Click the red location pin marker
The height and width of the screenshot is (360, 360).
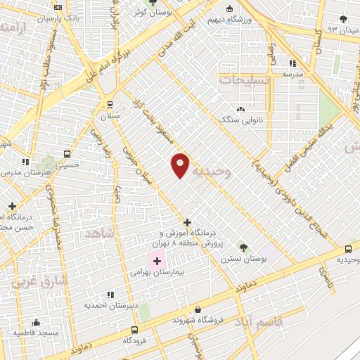point(180,165)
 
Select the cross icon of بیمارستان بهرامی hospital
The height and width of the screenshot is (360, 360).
point(157,261)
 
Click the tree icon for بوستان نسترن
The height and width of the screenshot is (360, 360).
point(243,247)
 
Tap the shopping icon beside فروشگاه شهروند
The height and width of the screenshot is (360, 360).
point(198,309)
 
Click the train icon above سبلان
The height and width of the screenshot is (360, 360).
point(110,104)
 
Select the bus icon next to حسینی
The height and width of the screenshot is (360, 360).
point(67,154)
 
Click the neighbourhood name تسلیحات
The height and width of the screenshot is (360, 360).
point(245,80)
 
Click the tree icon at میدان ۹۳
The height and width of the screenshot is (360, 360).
point(343,19)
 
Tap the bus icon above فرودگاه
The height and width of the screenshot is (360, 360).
point(134,329)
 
